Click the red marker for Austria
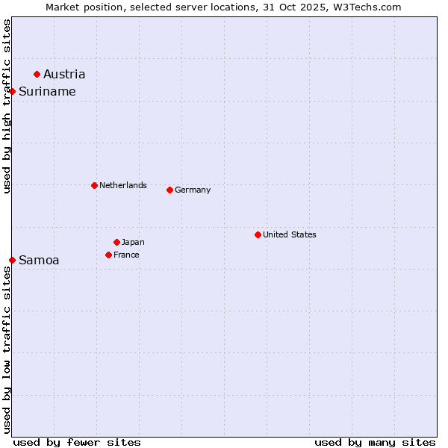tap(37, 74)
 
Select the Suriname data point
tap(13, 91)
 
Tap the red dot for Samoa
tap(13, 260)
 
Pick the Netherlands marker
tap(94, 185)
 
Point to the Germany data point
tap(169, 190)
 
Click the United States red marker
tap(258, 234)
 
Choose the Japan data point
tap(116, 242)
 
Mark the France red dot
tap(108, 255)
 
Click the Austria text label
tap(64, 74)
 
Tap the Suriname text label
tap(47, 91)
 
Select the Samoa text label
tap(39, 260)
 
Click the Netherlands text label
tap(123, 185)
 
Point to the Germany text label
tap(193, 190)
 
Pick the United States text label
tap(290, 234)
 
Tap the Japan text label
tap(133, 242)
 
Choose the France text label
tap(126, 255)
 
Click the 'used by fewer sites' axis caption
tap(77, 442)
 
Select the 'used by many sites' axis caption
tap(375, 442)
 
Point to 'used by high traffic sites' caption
tap(7, 106)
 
